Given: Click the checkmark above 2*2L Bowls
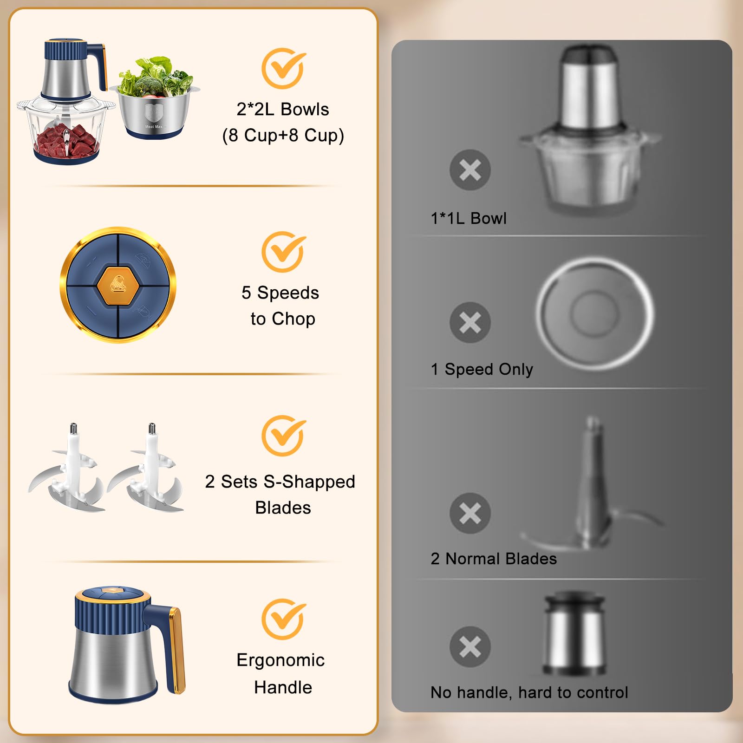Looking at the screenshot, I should pos(283,69).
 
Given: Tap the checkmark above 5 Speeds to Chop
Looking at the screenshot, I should pos(283,252).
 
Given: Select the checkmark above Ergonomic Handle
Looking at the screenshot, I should pos(283,619).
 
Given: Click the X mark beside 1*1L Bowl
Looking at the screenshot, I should pos(470,170).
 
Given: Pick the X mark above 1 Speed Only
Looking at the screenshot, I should pos(470,322).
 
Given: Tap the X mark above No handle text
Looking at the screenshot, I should pos(470,646).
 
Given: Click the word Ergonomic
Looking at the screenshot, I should pos(280,660).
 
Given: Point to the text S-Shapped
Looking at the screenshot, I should pos(309,482).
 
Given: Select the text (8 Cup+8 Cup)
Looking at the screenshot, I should pos(283,135).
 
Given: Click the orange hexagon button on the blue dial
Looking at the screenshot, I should pos(118,285).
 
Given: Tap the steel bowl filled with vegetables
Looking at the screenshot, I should pos(154,107).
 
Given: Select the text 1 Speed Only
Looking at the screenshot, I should pos(482,369).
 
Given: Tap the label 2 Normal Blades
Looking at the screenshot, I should pos(493,559).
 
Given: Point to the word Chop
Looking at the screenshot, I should pos(293,319).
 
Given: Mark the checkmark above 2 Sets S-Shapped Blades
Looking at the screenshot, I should pos(283,436).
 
